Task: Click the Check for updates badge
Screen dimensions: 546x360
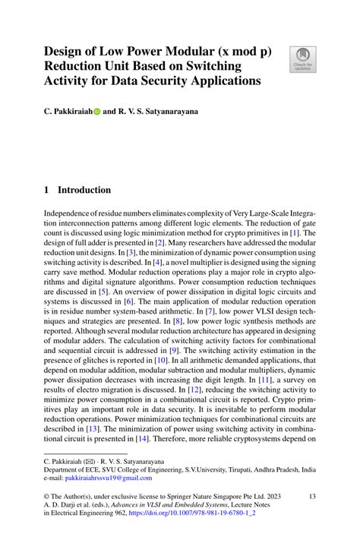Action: tap(302, 60)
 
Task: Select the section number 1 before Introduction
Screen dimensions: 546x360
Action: tap(47, 190)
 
